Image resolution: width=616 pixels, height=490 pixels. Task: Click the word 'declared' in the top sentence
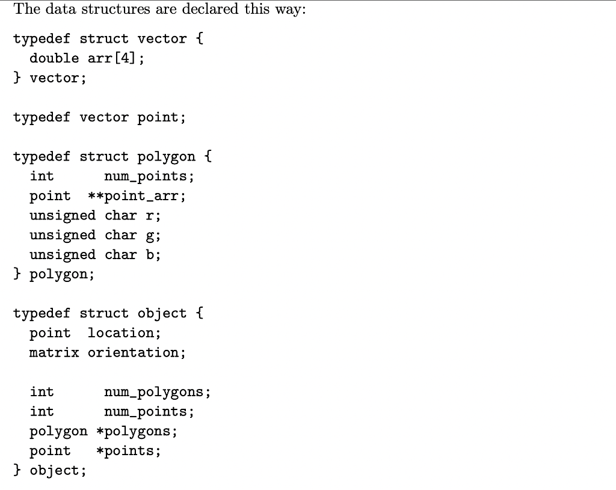click(203, 10)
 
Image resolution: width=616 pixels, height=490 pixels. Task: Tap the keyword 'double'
click(54, 58)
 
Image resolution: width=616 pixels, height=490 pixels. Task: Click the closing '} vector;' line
click(50, 78)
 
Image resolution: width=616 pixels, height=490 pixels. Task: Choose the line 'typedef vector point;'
click(100, 117)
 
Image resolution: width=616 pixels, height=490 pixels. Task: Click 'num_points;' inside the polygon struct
click(149, 176)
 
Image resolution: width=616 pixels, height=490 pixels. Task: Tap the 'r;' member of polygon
click(153, 216)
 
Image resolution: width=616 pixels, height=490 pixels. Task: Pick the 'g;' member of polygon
click(153, 236)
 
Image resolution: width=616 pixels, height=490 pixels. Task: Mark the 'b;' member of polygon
click(153, 255)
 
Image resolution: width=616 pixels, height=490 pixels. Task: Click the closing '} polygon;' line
click(54, 275)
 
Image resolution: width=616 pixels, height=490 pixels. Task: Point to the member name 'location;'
click(125, 333)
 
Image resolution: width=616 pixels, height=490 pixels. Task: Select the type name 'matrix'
click(54, 353)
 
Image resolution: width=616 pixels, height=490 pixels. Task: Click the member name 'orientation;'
click(137, 353)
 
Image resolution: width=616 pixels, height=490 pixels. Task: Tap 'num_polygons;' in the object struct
click(157, 392)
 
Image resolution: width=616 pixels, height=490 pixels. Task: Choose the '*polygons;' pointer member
click(137, 432)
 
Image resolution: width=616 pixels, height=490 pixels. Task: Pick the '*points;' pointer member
click(128, 451)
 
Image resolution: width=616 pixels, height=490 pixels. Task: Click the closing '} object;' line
click(50, 471)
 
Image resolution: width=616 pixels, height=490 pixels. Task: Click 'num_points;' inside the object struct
click(149, 412)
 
